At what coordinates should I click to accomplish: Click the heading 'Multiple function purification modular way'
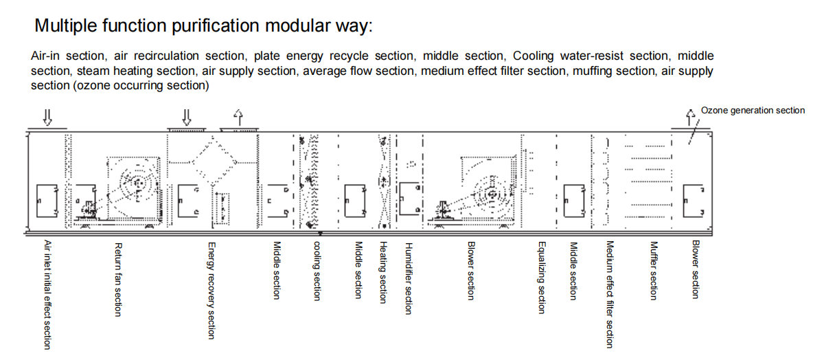click(203, 26)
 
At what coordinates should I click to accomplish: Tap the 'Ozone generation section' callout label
click(753, 111)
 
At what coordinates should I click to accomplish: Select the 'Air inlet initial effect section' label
click(47, 295)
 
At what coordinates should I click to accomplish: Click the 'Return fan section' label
click(118, 279)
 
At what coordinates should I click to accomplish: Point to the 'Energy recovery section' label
click(211, 290)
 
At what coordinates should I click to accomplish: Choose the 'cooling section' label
click(317, 271)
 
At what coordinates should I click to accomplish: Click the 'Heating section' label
click(383, 272)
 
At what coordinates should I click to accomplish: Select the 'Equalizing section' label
click(542, 278)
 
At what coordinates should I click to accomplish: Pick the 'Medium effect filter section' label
click(609, 294)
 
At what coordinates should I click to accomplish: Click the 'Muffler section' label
click(654, 270)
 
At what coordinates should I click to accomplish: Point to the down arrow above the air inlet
click(47, 117)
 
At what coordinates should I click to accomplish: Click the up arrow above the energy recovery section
click(238, 117)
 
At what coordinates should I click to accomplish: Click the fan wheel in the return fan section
click(137, 184)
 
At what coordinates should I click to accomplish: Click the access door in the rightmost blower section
click(694, 200)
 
